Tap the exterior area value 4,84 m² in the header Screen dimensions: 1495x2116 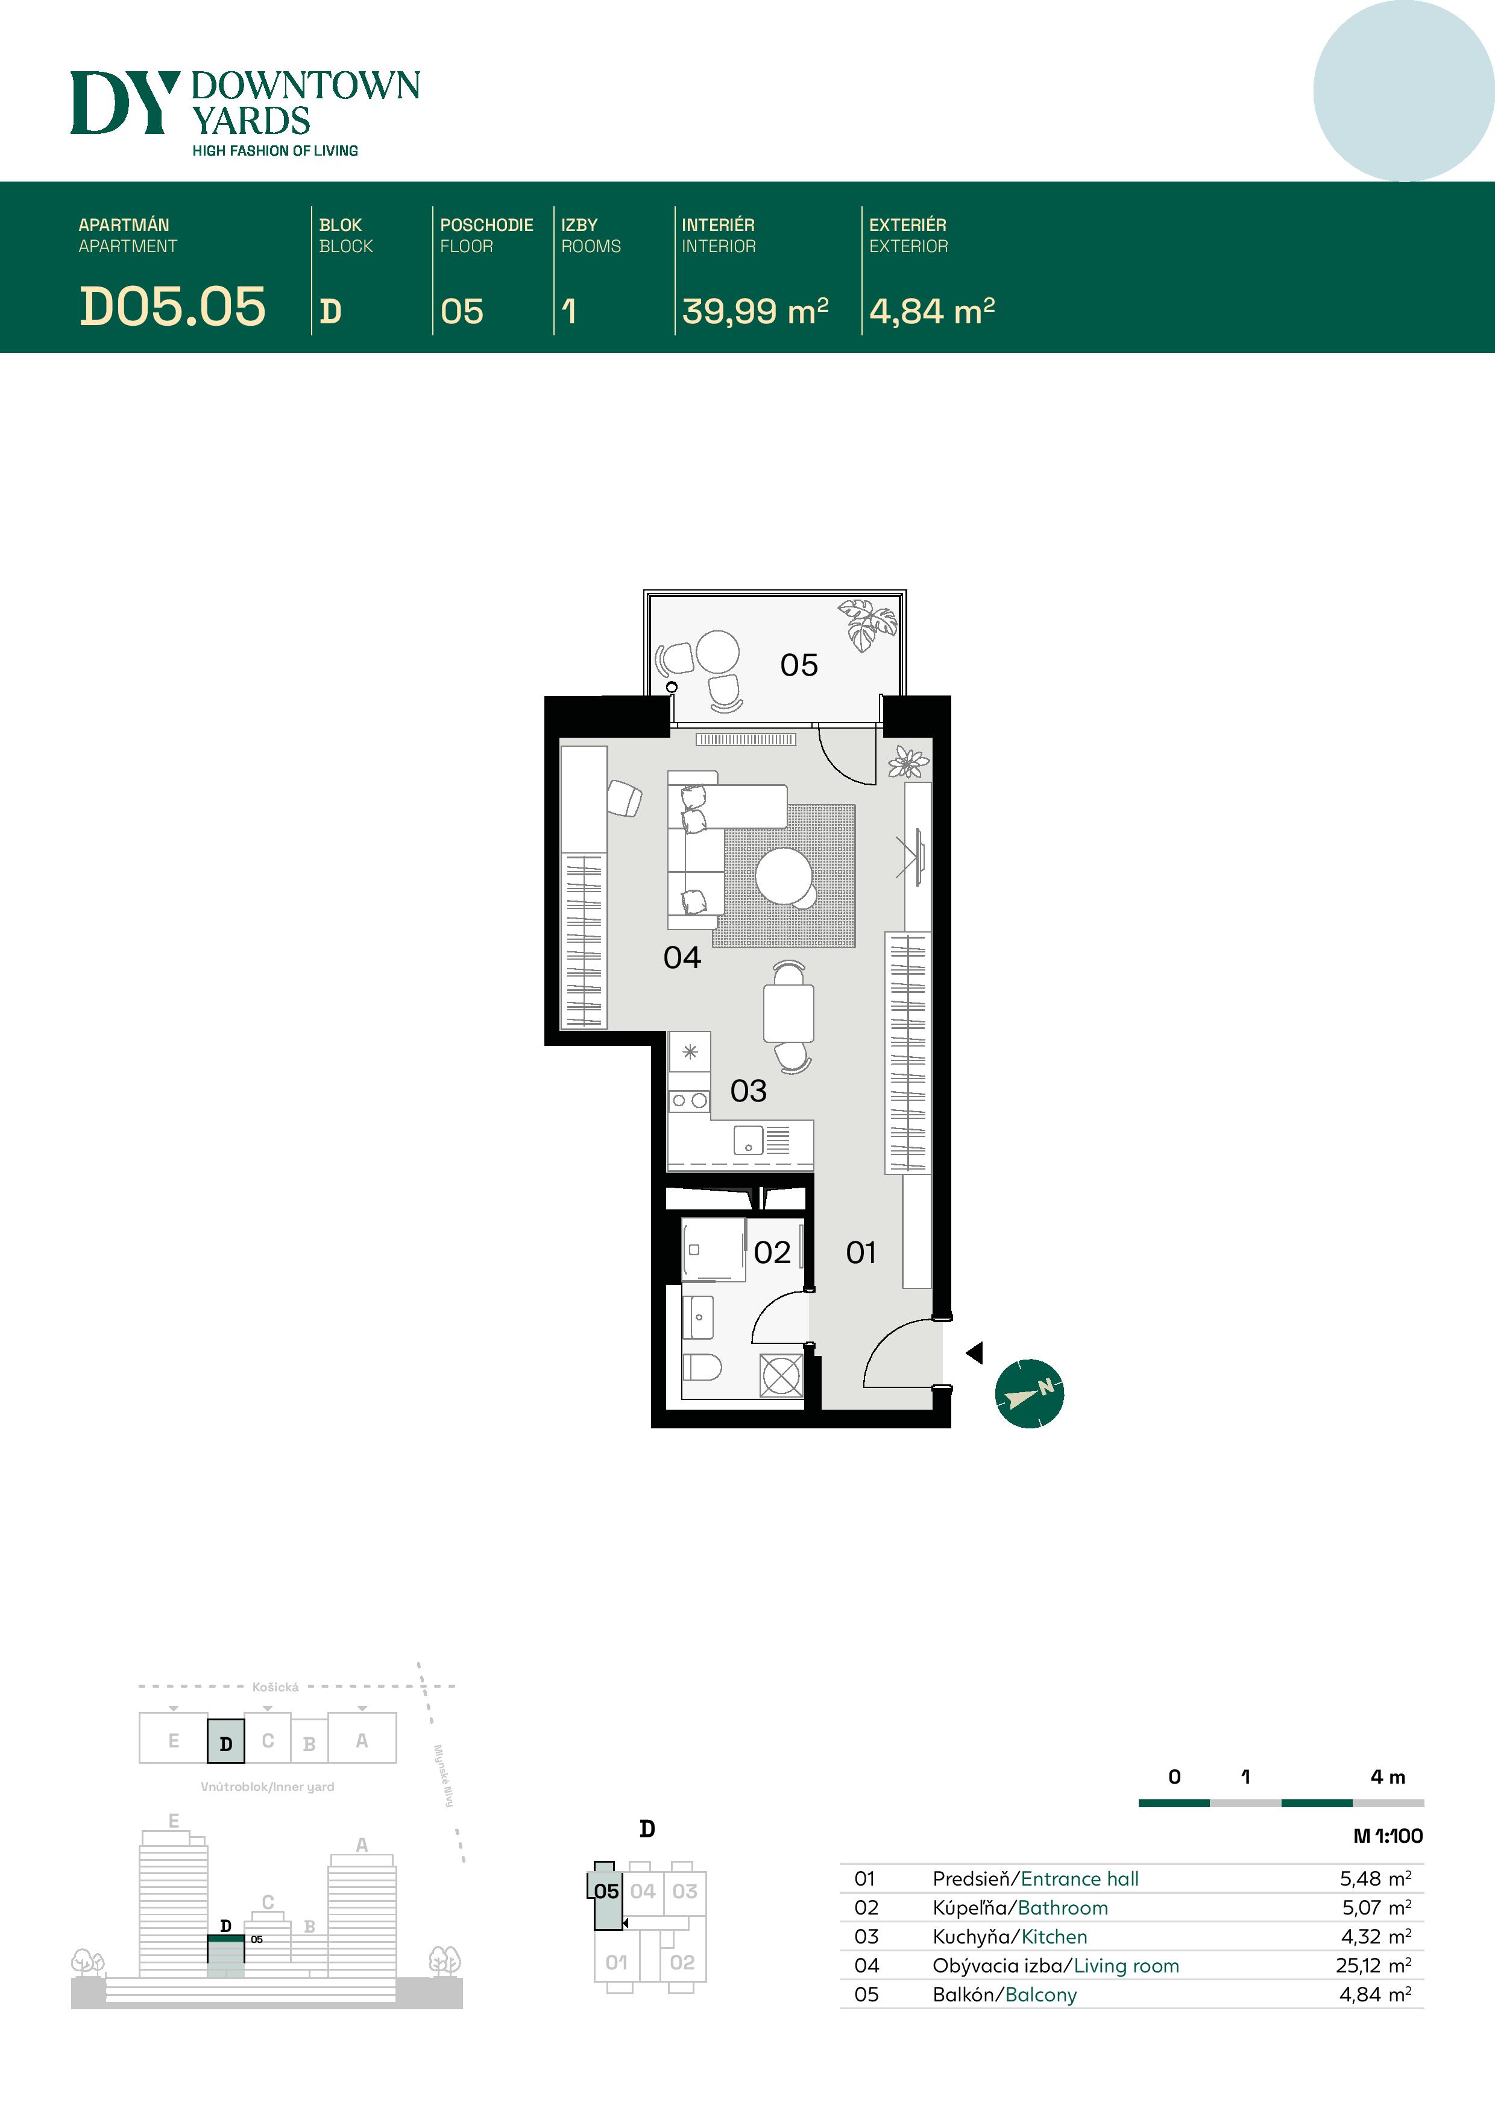point(932,311)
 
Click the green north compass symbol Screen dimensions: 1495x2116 point(1030,1393)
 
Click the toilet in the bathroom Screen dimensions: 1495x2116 point(702,1367)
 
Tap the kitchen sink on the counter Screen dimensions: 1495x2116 point(748,1140)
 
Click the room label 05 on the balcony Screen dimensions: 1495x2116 point(799,665)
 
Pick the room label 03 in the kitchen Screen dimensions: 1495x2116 point(748,1091)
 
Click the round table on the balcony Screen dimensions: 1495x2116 point(717,651)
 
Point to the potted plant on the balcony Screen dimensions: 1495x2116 point(867,624)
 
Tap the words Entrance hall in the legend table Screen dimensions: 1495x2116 point(1080,1878)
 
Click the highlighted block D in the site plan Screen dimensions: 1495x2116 point(225,1741)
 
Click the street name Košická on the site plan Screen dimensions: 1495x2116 point(275,1687)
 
